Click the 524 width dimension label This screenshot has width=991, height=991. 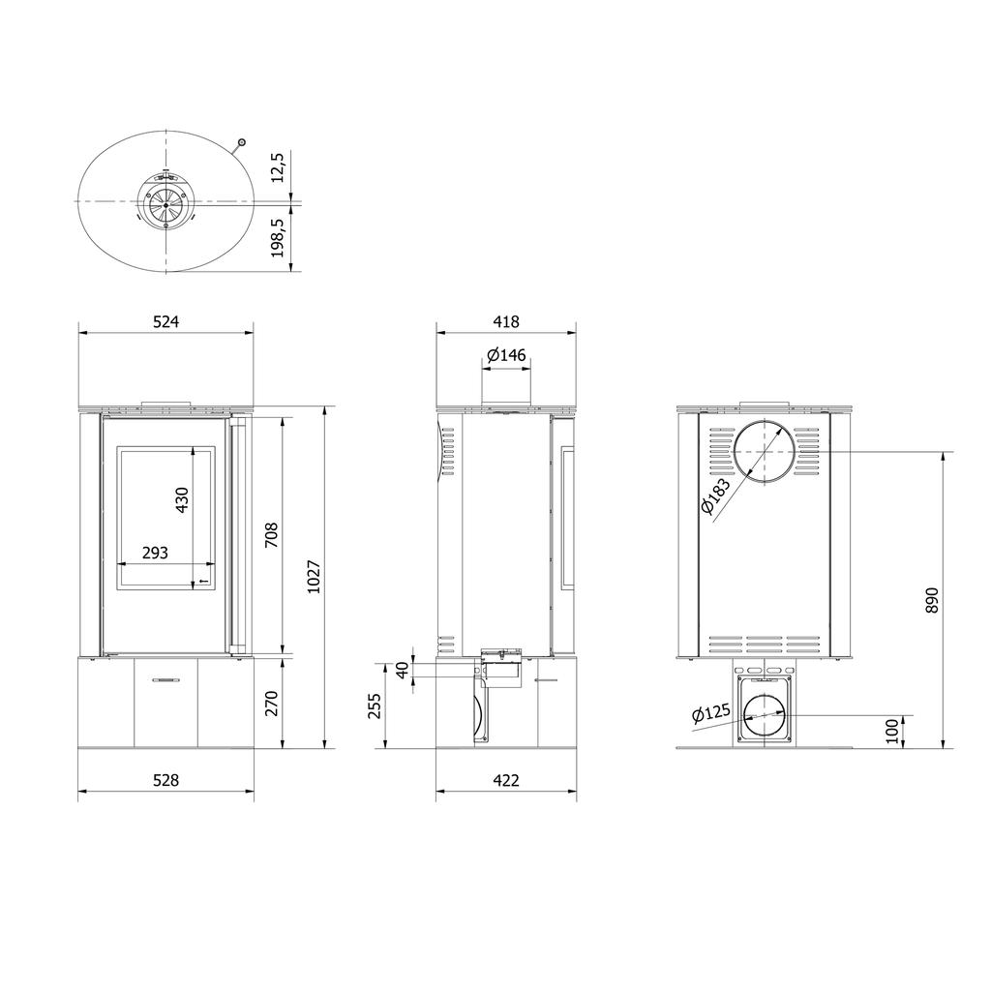click(x=166, y=321)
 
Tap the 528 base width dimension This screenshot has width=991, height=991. click(x=166, y=780)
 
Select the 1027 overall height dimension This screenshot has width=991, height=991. click(x=314, y=577)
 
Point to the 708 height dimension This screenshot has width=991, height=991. click(x=271, y=534)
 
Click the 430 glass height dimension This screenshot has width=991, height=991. click(x=182, y=500)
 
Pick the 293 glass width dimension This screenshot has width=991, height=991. click(x=155, y=553)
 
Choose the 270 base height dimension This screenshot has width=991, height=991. click(x=271, y=704)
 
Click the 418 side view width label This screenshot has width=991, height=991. click(x=505, y=321)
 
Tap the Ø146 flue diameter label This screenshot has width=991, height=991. click(x=506, y=354)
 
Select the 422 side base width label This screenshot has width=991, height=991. click(x=505, y=780)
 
